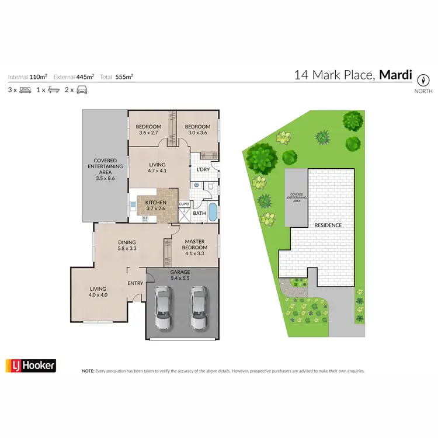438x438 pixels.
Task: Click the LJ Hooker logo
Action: (x=30, y=366)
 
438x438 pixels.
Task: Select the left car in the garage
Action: (x=164, y=308)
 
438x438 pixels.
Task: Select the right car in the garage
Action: (x=199, y=308)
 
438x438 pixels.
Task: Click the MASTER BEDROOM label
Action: (x=196, y=245)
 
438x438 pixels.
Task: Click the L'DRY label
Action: (x=203, y=170)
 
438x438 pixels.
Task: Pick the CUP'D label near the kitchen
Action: (x=183, y=204)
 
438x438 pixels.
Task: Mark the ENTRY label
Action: (x=135, y=284)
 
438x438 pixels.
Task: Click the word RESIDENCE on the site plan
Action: (x=328, y=225)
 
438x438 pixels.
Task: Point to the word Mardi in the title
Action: (x=396, y=75)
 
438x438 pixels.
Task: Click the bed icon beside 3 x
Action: (x=25, y=90)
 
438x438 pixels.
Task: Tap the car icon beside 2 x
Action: (x=81, y=90)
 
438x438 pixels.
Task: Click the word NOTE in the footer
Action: (x=88, y=371)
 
